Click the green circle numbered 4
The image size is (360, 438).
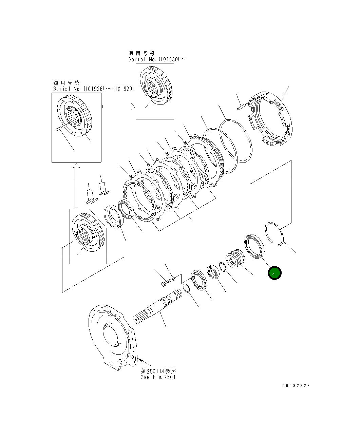[274, 273]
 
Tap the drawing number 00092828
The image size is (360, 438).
[296, 386]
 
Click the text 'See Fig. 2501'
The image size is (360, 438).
[158, 377]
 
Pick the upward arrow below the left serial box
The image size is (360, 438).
[76, 185]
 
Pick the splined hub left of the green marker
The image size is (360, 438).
[234, 260]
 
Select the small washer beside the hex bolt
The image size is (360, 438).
[173, 279]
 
